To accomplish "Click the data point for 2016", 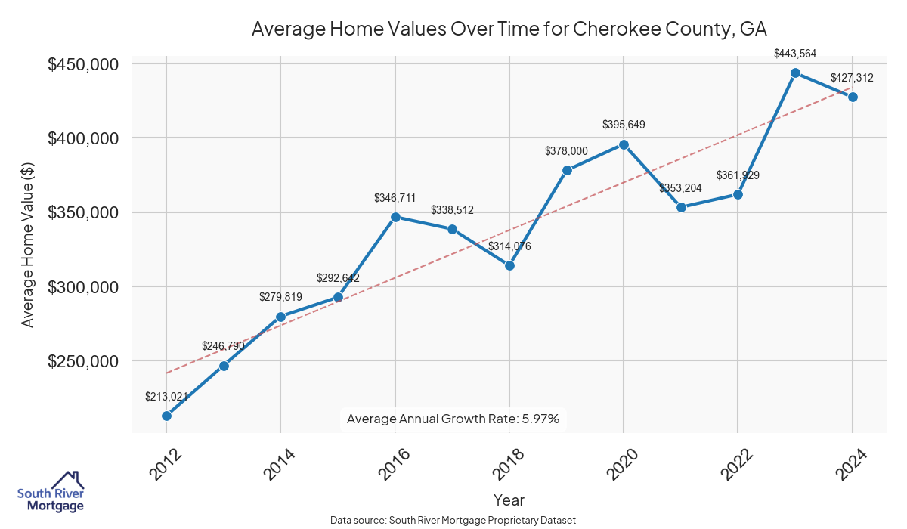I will point(395,217).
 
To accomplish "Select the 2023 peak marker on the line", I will point(795,73).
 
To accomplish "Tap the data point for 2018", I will point(509,265).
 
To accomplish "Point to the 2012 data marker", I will point(166,416).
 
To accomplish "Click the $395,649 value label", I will point(624,125).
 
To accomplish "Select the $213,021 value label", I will point(166,396).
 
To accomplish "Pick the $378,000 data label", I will point(566,151).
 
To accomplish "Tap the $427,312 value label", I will point(852,77).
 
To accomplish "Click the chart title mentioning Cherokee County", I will point(509,29).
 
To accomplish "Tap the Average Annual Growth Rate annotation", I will point(453,419).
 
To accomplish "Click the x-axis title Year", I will point(509,500).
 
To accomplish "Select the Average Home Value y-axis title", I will point(28,250).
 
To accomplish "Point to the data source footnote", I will point(453,520).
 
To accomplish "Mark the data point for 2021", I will point(681,207).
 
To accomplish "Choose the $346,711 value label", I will point(395,198).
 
